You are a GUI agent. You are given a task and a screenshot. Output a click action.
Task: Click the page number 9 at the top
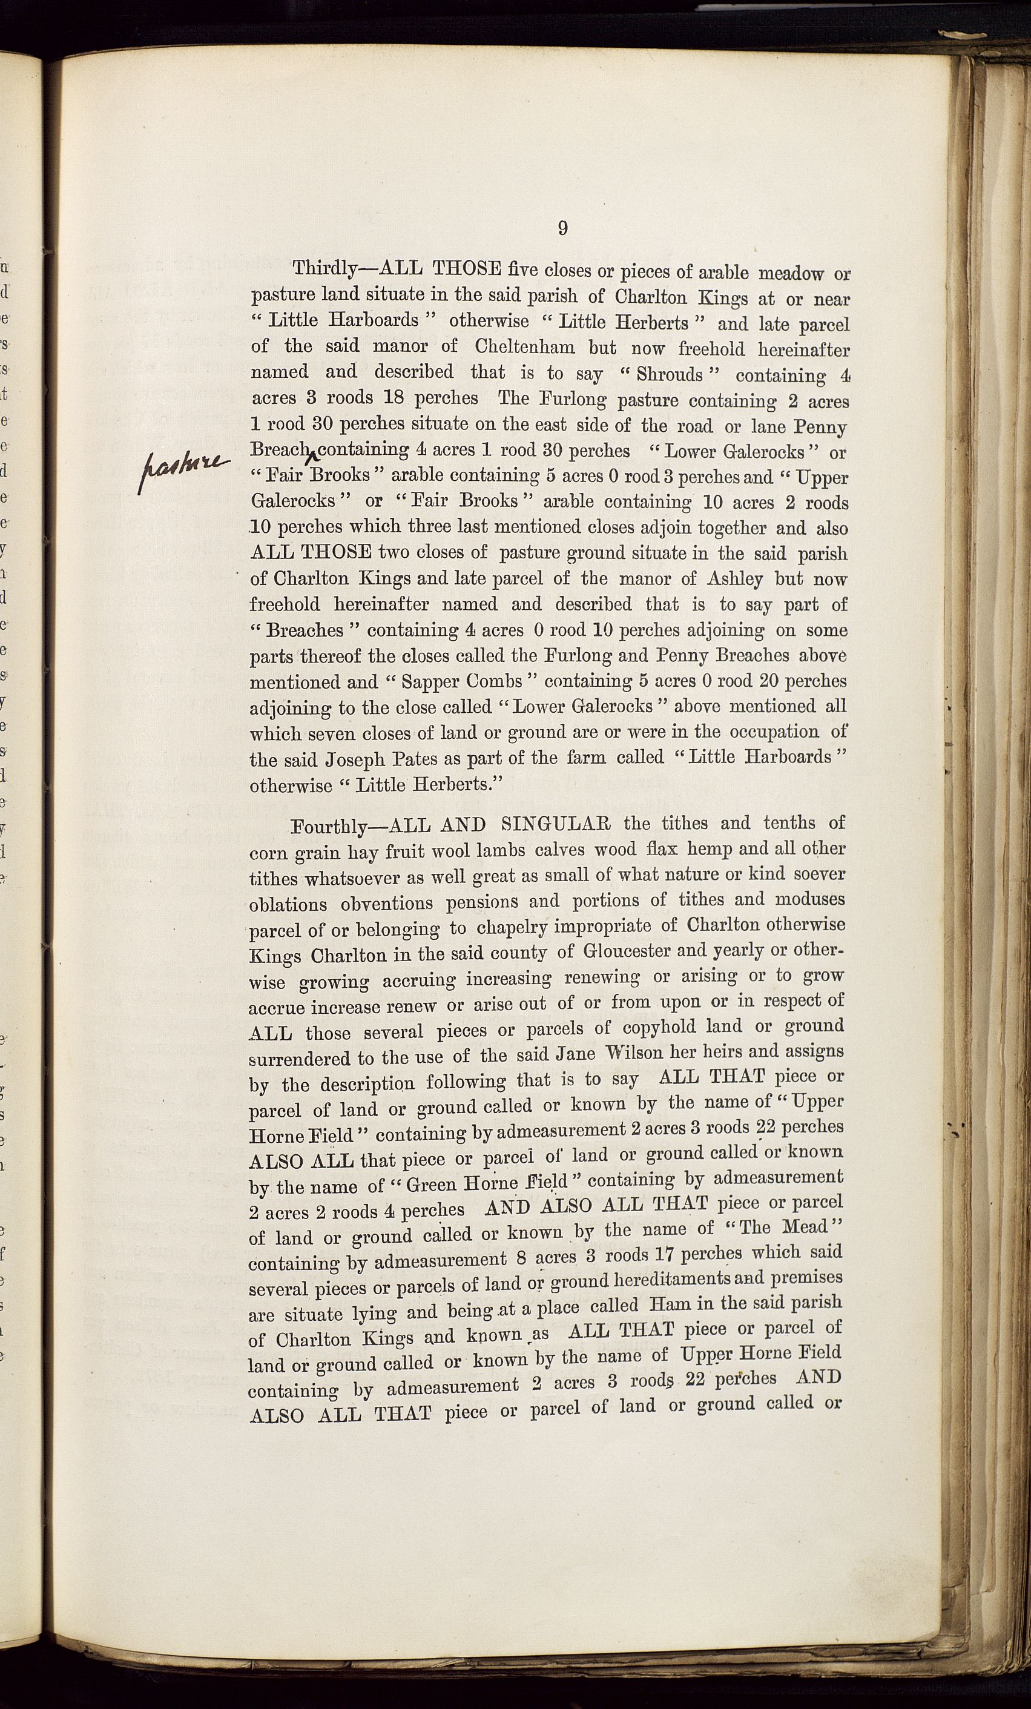coord(562,228)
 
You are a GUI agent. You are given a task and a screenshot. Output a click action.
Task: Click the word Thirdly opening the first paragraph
coord(324,269)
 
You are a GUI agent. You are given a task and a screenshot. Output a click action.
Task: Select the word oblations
coord(288,904)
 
